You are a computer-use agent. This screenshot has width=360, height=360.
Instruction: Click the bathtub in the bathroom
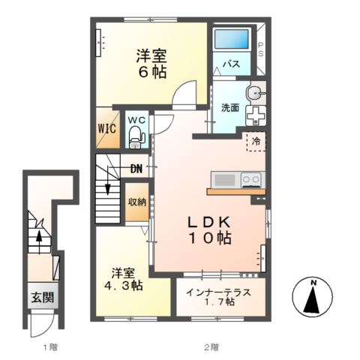click(x=232, y=39)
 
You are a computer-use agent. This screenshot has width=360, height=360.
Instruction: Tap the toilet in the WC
click(x=136, y=137)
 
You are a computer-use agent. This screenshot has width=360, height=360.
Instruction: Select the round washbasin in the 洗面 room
click(x=255, y=93)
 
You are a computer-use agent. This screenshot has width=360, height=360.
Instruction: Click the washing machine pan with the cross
click(x=256, y=115)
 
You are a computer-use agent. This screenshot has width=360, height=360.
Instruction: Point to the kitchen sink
click(x=225, y=180)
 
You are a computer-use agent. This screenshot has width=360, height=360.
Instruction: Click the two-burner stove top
click(x=252, y=180)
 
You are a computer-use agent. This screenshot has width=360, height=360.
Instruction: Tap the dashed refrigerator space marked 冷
click(x=256, y=142)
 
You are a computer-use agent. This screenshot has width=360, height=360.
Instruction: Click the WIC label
click(x=107, y=128)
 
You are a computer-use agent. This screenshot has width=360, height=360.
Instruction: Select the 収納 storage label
click(x=137, y=202)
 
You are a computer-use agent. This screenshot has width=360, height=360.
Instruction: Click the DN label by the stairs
click(x=136, y=169)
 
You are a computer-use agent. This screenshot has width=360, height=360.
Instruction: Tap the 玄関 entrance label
click(x=43, y=297)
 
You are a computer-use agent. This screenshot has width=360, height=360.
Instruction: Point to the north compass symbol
click(x=313, y=297)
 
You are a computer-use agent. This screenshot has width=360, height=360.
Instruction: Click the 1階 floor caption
click(x=50, y=347)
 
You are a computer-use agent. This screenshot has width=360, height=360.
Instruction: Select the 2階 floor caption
click(x=211, y=347)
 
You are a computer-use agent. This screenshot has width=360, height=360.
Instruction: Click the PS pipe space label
click(x=261, y=49)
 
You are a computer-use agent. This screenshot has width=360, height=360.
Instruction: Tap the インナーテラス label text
click(x=218, y=292)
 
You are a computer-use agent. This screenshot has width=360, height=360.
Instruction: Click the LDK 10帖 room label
click(x=209, y=229)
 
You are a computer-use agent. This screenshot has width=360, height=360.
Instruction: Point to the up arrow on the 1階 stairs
click(x=39, y=242)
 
